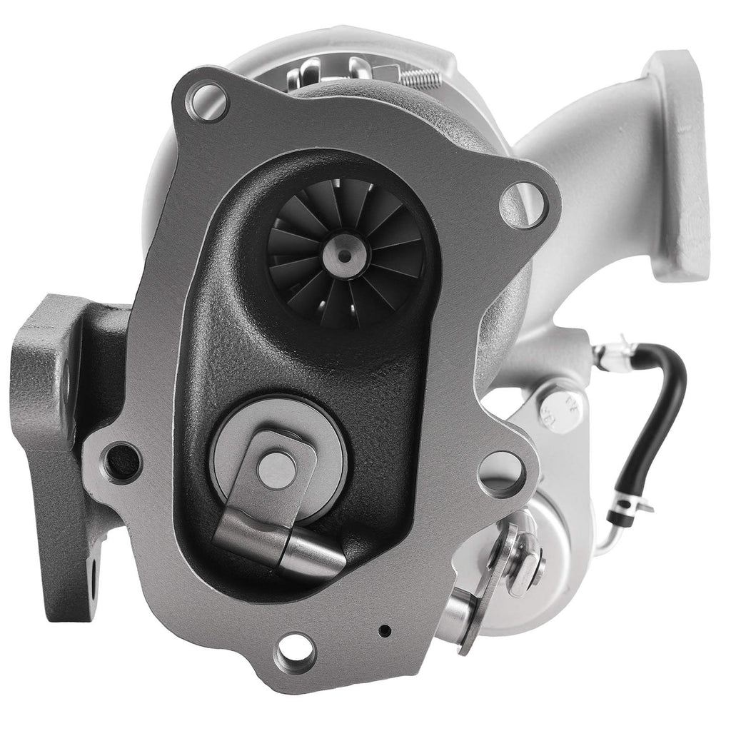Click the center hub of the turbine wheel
(345, 255)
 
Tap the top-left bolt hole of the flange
(206, 101)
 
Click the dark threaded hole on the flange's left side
(123, 462)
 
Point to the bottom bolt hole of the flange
(296, 650)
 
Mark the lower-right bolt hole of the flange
(502, 473)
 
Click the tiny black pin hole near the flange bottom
(385, 630)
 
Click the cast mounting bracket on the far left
(50, 400)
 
